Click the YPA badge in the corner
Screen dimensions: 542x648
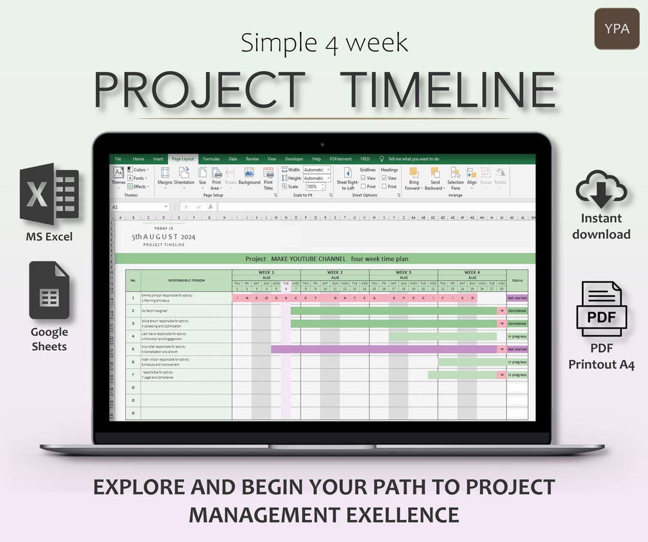pyautogui.click(x=617, y=29)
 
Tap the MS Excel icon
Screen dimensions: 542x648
pyautogui.click(x=49, y=194)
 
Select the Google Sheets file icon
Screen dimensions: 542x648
pyautogui.click(x=49, y=290)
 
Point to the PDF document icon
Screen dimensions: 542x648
pyautogui.click(x=601, y=309)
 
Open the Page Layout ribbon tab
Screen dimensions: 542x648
pyautogui.click(x=183, y=159)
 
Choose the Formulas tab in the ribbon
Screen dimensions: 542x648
pyautogui.click(x=211, y=159)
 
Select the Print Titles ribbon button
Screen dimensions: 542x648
pyautogui.click(x=268, y=178)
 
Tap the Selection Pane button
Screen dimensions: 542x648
pyautogui.click(x=455, y=178)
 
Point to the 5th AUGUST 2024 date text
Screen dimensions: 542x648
pyautogui.click(x=164, y=237)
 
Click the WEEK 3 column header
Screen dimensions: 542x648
pyautogui.click(x=403, y=273)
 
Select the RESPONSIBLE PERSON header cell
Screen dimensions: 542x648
pyautogui.click(x=186, y=280)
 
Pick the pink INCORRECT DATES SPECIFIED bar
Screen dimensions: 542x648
pyautogui.click(x=354, y=297)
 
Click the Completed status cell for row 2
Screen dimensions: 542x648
pyautogui.click(x=517, y=311)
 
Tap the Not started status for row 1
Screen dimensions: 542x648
pyautogui.click(x=517, y=297)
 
